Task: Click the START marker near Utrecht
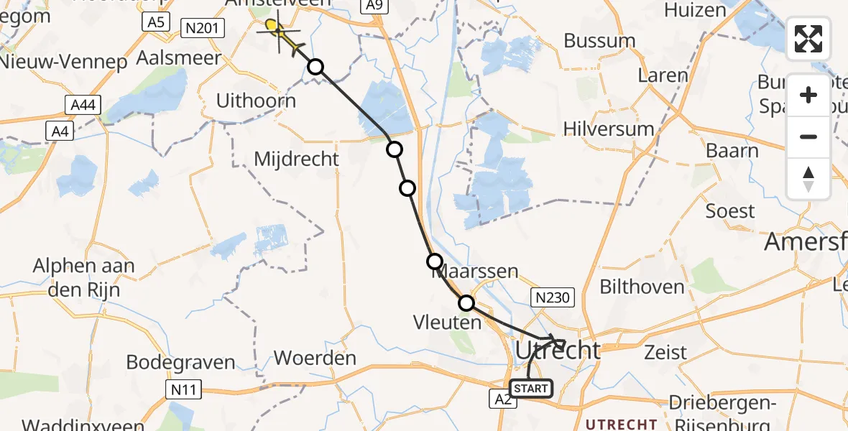531,389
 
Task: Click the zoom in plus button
808,95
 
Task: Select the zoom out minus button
808,136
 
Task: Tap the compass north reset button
808,178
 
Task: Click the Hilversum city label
609,129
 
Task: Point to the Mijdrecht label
296,159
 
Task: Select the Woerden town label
315,358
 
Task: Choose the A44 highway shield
84,106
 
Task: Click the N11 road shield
183,391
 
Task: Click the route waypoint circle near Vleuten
466,303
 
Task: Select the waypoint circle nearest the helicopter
315,67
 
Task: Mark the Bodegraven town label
180,362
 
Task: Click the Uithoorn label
256,101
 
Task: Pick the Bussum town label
599,41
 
